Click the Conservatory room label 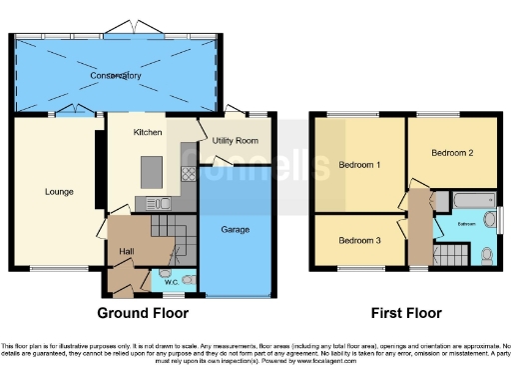point(115,76)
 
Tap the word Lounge point(59,191)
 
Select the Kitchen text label point(149,133)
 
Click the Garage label point(235,230)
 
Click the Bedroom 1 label point(359,164)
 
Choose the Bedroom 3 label point(357,241)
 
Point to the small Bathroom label point(466,224)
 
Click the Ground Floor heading point(143,313)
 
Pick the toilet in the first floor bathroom point(486,256)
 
